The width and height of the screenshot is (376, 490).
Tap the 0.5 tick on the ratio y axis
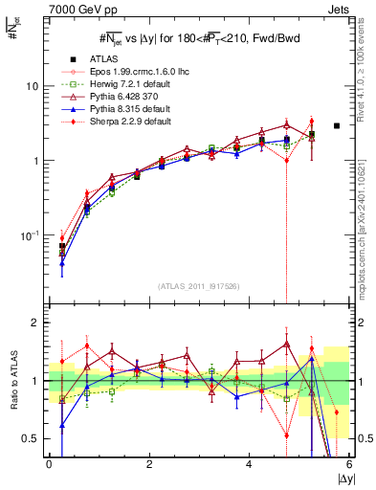pos(31,438)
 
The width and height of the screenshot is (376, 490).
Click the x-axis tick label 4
pos(249,463)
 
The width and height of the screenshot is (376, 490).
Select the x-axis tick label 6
pos(349,463)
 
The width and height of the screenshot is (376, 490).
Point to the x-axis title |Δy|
pos(342,478)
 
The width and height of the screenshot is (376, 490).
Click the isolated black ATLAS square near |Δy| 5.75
pos(337,125)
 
